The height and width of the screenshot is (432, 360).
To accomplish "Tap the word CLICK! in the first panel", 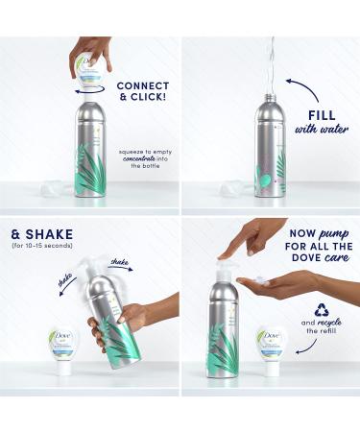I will point(143,98).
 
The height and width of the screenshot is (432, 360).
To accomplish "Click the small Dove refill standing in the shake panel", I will point(62,348).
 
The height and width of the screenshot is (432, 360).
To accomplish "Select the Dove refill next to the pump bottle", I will point(270,348).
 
